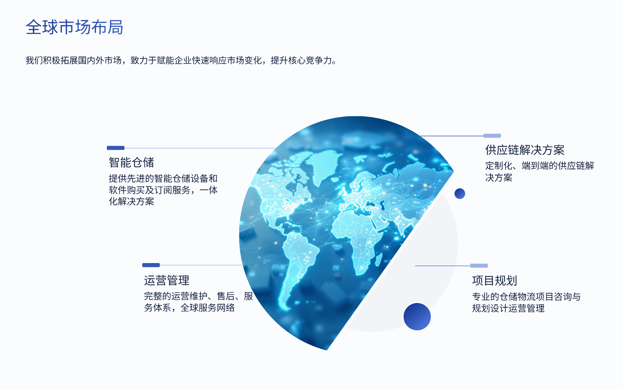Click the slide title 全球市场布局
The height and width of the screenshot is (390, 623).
point(74,27)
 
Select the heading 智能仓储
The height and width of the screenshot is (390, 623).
point(132,162)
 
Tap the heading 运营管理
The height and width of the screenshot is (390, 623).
point(167,280)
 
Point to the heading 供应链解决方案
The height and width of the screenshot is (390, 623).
point(525,150)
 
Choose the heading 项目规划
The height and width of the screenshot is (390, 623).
point(495,281)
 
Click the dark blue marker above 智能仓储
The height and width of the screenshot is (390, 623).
point(116,148)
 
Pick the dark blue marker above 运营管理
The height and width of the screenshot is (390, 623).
point(151,265)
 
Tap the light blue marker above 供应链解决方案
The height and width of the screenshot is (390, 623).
point(492,136)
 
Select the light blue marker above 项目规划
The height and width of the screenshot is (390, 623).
point(479,266)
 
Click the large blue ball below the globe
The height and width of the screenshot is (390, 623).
point(417,317)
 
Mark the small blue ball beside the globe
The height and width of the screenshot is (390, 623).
point(459,194)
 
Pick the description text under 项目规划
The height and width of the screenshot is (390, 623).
point(526,302)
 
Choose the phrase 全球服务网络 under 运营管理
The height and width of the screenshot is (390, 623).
point(208,308)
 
